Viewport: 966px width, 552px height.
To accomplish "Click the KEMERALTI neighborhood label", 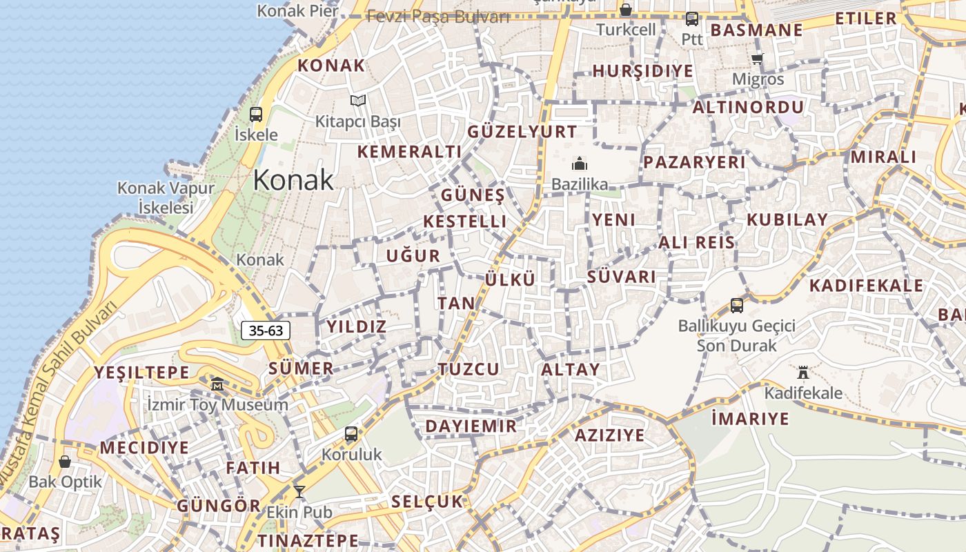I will coord(409,152).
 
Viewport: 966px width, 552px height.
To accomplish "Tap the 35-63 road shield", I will coord(266,331).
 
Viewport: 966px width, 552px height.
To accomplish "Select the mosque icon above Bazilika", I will coord(579,164).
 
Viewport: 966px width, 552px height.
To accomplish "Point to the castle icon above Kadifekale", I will coord(802,373).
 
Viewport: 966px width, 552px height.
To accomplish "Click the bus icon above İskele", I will coord(256,115).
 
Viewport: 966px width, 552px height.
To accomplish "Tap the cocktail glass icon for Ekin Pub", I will coord(299,492).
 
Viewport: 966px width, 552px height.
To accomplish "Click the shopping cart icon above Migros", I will coord(758,59).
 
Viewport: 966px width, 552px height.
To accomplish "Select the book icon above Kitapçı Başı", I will coord(357,101).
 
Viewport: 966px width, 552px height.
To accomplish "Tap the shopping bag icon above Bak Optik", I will coord(65,462).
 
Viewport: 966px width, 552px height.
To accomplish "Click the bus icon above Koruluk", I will coord(351,434).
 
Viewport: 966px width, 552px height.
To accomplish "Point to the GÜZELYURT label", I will coord(522,132).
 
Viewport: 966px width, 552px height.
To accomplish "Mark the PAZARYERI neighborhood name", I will coord(694,162).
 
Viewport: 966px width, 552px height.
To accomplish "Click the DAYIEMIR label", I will coord(471,426).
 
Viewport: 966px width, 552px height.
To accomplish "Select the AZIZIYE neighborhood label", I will coord(609,435).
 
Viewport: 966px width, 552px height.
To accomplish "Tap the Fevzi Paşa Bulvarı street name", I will coord(438,17).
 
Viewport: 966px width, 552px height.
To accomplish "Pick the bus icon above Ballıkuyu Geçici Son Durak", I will coord(737,305).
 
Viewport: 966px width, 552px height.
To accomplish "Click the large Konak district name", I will coord(293,180).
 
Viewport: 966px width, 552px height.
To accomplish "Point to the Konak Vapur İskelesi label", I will coord(166,197).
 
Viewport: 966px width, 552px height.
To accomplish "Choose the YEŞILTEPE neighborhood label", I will coord(141,373).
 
